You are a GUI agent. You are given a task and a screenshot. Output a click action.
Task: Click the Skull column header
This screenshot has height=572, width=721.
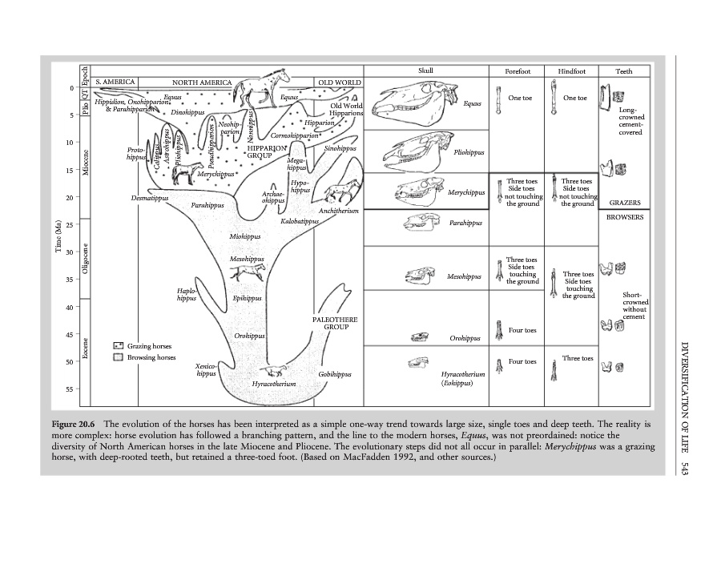point(425,71)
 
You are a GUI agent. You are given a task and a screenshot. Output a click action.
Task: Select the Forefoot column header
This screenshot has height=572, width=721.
point(517,71)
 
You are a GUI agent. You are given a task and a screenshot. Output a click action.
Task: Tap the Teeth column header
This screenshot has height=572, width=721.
point(623,71)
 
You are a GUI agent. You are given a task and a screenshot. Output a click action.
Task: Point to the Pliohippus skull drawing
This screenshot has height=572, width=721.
point(415,148)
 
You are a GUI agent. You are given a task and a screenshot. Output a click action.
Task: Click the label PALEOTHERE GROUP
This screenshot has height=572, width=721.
point(335,323)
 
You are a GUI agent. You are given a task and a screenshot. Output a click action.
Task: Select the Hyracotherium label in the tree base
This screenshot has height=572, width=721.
point(274,385)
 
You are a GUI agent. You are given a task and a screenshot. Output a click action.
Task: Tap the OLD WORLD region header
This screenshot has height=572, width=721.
point(340,82)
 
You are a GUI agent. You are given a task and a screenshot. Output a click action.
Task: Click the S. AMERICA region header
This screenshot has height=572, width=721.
point(115,82)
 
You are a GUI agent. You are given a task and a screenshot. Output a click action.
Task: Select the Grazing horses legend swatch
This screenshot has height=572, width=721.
point(118,346)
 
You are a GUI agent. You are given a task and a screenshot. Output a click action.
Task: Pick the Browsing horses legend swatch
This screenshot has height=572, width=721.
point(118,357)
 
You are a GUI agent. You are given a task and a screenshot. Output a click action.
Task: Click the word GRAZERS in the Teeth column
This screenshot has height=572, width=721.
point(624,203)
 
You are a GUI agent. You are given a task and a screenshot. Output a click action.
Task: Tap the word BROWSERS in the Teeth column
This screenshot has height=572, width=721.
point(625,216)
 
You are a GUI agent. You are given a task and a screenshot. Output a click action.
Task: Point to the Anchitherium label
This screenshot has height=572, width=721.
point(336,211)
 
